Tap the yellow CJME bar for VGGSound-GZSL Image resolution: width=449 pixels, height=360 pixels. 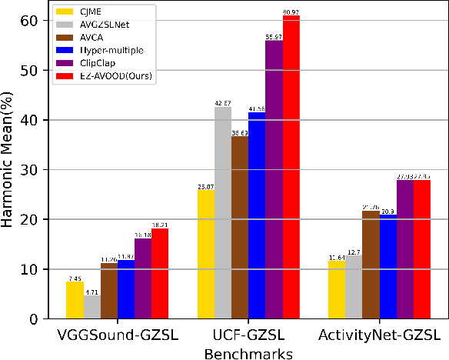[75, 300]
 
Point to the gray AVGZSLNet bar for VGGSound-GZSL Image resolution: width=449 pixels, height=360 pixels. [91, 307]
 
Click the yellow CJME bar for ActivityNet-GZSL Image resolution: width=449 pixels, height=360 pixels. [336, 289]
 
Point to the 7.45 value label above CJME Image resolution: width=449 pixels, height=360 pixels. [74, 278]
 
